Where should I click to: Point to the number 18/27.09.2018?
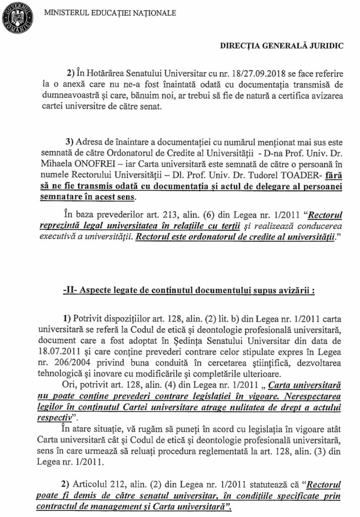tap(238, 72)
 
